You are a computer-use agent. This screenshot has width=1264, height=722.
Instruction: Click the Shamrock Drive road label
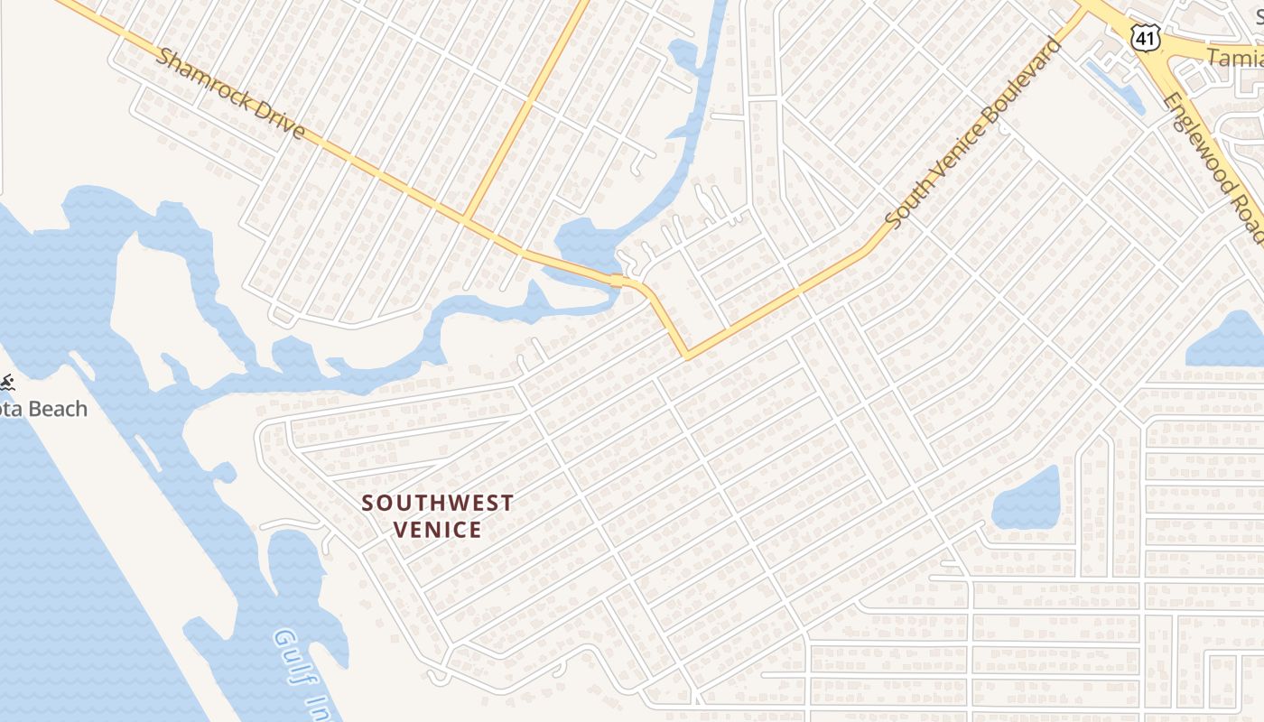pos(230,94)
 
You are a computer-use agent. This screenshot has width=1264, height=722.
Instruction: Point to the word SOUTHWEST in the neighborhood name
pos(438,504)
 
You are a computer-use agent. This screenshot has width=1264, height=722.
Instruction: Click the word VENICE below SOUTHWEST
pos(438,530)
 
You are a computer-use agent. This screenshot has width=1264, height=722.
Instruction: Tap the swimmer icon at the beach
pos(7,383)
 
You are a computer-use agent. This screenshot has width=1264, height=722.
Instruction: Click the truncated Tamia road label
pos(1235,58)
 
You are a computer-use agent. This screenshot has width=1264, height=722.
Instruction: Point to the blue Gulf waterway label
pos(298,672)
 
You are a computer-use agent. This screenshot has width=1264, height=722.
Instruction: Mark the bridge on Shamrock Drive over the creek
pos(618,281)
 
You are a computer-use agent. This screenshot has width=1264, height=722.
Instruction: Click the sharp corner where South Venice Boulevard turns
pos(687,356)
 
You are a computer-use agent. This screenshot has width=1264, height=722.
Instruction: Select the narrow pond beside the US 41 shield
pos(1114,86)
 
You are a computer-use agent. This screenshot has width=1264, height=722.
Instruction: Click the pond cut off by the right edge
pos(1228,341)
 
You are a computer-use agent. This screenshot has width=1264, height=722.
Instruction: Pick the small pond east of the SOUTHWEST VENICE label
pos(1027,499)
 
